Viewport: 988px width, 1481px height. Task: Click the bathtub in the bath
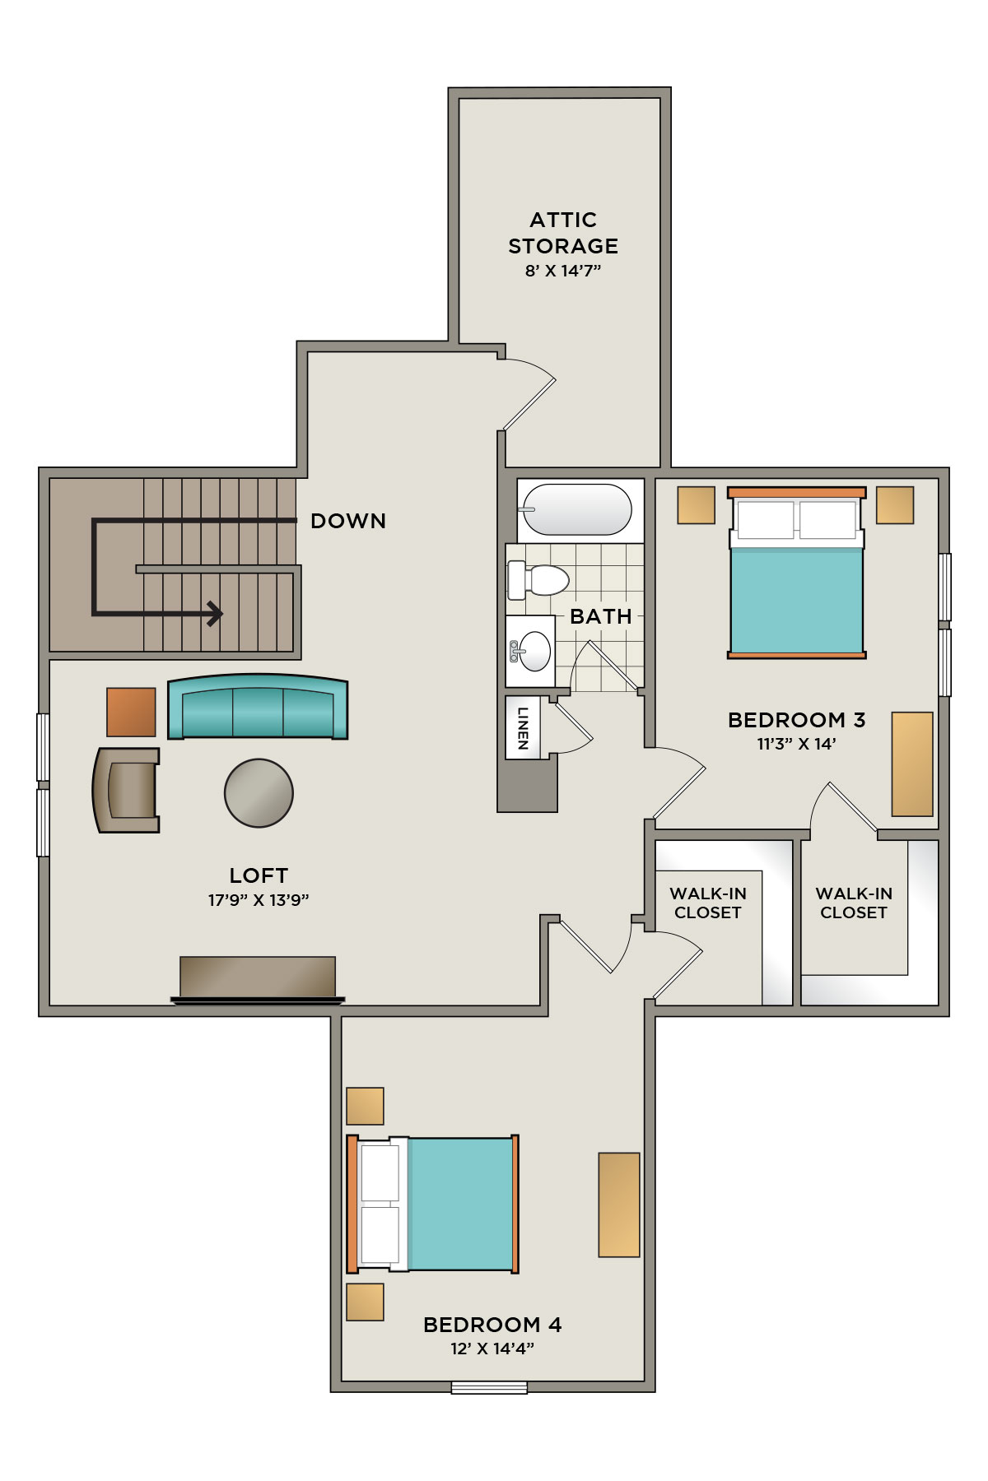pos(576,510)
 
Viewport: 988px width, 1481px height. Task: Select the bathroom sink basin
pos(533,652)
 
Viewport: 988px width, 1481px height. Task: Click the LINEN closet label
pos(523,728)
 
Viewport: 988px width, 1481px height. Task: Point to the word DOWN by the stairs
pos(348,521)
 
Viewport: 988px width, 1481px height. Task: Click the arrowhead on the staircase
pos(215,613)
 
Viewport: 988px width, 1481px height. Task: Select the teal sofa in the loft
pos(258,707)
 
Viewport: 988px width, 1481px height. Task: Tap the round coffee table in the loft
pos(259,792)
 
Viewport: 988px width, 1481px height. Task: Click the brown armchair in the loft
pos(126,790)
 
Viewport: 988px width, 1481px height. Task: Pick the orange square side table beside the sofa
pos(131,712)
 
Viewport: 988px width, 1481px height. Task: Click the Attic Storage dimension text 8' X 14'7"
pos(563,271)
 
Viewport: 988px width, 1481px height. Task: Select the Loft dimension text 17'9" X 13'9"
pos(259,900)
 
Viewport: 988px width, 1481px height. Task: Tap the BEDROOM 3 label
pos(796,720)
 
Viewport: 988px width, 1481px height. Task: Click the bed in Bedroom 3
pos(796,573)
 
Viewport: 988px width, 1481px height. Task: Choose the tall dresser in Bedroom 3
pos(912,764)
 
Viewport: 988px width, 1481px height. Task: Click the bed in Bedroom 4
pos(432,1204)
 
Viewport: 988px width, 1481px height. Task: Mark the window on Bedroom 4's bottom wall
pos(489,1386)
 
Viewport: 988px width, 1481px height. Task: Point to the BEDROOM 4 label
pos(492,1325)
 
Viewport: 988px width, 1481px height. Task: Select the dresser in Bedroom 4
pos(619,1205)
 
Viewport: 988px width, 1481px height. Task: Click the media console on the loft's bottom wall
pos(258,979)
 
